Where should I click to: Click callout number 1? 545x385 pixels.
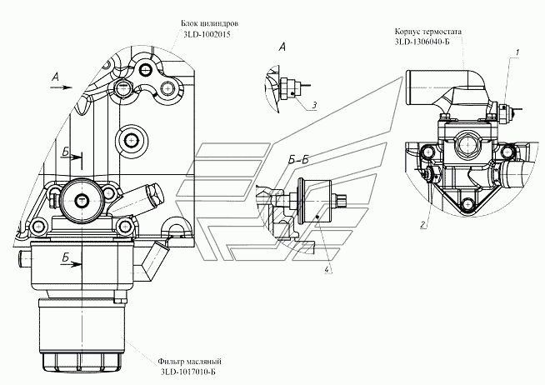(x=517, y=52)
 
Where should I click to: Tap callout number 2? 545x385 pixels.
(x=422, y=224)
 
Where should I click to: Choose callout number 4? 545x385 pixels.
(x=327, y=267)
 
